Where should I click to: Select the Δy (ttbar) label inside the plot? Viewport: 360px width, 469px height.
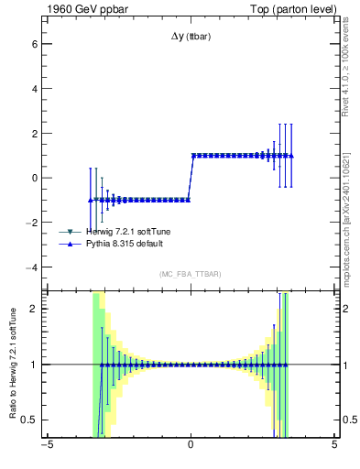[190, 36]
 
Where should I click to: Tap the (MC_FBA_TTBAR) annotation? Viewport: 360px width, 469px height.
[190, 275]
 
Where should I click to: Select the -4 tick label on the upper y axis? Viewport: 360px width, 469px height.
[34, 267]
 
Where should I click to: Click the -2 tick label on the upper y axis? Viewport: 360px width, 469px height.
[34, 223]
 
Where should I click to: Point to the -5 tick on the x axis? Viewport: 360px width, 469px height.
[46, 444]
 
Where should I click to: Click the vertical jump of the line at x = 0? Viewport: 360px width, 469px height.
[191, 178]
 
